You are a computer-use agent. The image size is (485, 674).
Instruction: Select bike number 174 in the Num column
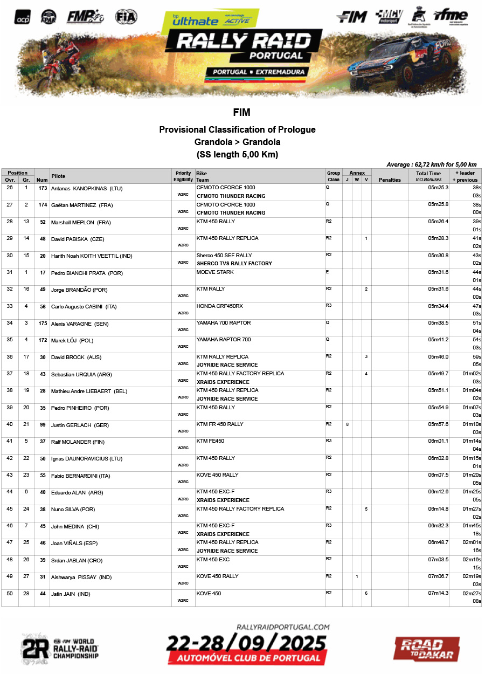43,205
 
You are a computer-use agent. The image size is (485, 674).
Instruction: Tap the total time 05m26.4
438,222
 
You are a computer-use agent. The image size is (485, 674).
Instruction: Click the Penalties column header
390,180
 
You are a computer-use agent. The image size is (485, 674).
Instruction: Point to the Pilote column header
58,176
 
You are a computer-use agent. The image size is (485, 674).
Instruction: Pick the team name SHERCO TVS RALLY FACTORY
234,264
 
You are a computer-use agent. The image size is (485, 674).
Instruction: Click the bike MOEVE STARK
215,272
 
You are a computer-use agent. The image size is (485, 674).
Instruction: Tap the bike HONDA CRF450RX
219,306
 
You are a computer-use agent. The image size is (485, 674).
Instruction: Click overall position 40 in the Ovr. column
10,424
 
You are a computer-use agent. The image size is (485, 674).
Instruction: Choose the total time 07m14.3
438,593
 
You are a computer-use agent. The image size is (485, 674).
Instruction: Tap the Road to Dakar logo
426,648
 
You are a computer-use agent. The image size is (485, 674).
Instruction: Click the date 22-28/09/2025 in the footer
246,643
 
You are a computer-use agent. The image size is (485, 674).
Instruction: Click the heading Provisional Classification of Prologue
237,129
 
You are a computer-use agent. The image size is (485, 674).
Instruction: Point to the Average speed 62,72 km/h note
431,164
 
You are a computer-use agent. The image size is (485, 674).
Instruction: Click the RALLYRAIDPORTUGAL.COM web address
283,627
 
